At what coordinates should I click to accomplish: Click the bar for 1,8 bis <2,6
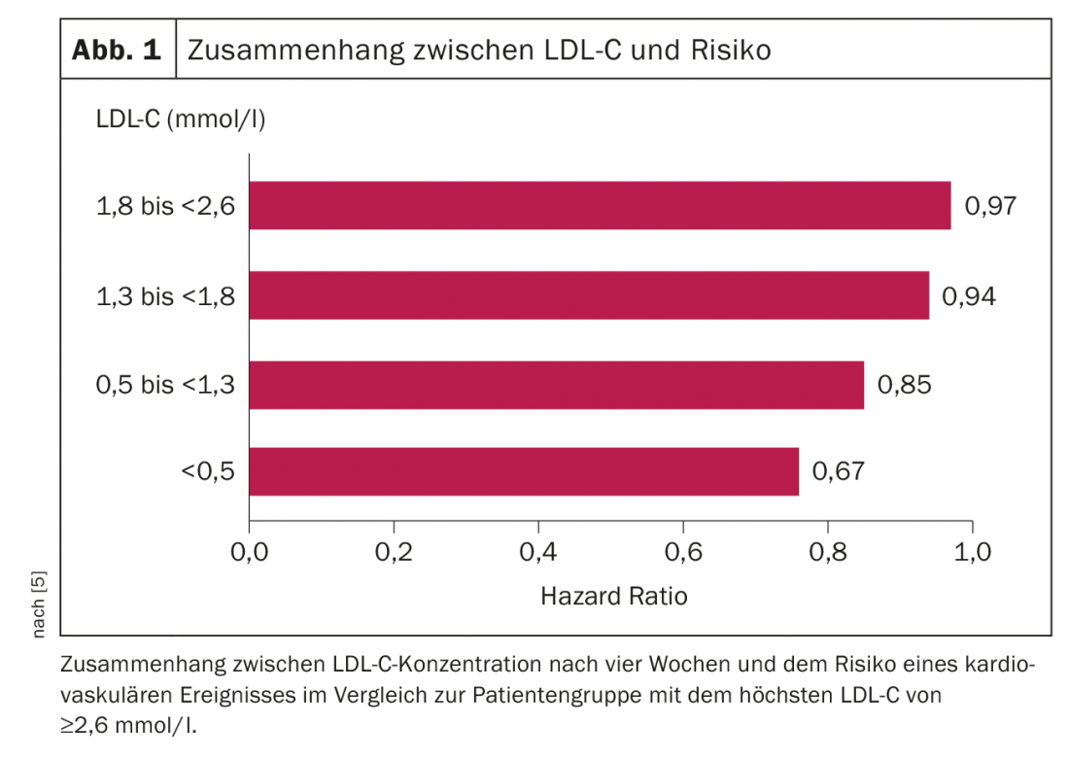click(x=600, y=205)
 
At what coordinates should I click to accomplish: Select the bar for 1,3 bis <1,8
click(x=589, y=295)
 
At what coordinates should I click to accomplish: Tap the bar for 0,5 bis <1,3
click(x=556, y=385)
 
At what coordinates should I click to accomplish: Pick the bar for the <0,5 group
click(x=524, y=471)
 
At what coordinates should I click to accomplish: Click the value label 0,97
click(x=989, y=206)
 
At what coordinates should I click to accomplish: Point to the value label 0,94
click(x=968, y=296)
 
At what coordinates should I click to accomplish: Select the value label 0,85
click(x=904, y=385)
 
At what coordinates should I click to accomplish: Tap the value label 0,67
click(x=838, y=472)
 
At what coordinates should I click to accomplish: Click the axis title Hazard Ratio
click(x=613, y=596)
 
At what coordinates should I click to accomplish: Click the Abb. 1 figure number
click(x=117, y=50)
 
